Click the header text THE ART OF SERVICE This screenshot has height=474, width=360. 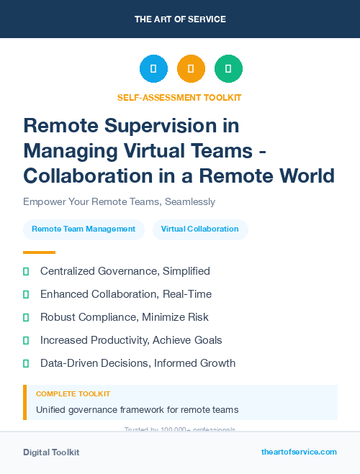point(179,19)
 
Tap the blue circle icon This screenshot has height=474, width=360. point(153,69)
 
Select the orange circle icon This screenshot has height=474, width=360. point(191,69)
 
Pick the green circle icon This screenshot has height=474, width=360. point(228,69)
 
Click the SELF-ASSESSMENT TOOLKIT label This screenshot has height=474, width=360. point(179,97)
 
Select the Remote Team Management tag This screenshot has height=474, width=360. point(84,229)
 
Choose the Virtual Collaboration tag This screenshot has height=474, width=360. point(199,229)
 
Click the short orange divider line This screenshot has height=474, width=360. point(39,252)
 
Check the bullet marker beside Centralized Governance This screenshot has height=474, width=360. point(26,272)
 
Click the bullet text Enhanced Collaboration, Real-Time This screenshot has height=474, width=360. point(125,294)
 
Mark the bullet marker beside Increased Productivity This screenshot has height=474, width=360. point(26,340)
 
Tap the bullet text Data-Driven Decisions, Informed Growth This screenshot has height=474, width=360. point(138,363)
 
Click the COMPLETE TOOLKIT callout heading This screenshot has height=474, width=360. point(73,394)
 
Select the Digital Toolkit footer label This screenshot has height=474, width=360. point(51,452)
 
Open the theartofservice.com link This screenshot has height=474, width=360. point(299,452)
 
